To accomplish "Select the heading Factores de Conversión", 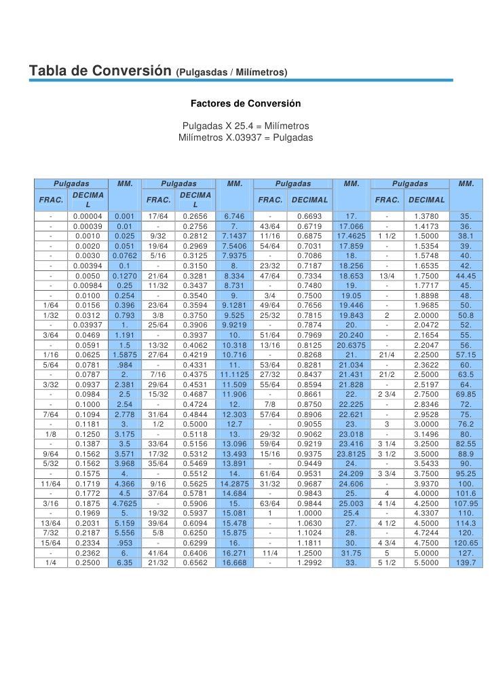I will pyautogui.click(x=244, y=105).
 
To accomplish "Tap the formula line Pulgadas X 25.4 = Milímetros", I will pyautogui.click(x=246, y=126).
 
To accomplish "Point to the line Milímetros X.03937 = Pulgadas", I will pyautogui.click(x=245, y=137).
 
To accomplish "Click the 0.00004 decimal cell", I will pyautogui.click(x=88, y=216).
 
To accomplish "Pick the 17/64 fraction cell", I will pyautogui.click(x=158, y=216).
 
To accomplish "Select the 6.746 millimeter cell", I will pyautogui.click(x=233, y=216).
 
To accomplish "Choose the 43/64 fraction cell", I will pyautogui.click(x=270, y=226).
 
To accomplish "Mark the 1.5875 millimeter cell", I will pyautogui.click(x=124, y=354).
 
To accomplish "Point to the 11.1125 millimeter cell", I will pyautogui.click(x=233, y=374).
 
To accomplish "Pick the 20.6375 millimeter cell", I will pyautogui.click(x=351, y=344).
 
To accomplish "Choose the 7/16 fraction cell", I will pyautogui.click(x=158, y=374).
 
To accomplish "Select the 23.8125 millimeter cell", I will pyautogui.click(x=351, y=454).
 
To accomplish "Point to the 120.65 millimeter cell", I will pyautogui.click(x=465, y=543).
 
